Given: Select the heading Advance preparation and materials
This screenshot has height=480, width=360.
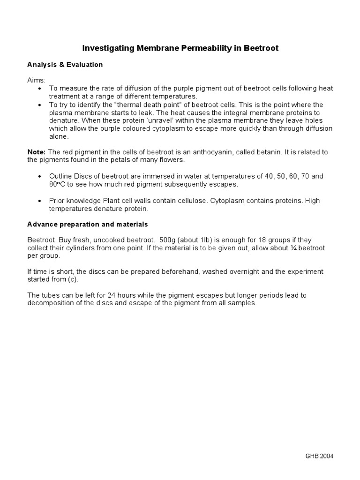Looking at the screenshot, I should [x=88, y=224].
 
